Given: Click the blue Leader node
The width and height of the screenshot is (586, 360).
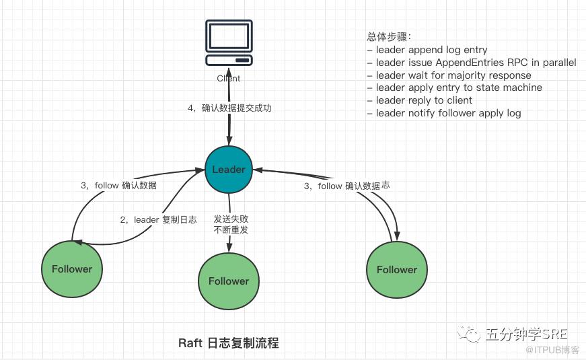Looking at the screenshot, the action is coord(229,170).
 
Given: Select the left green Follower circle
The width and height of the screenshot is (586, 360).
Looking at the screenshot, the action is coord(72,269).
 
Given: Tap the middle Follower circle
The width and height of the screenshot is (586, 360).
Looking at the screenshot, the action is coord(228,281).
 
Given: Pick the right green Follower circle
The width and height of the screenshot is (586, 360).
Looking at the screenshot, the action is coord(396,270).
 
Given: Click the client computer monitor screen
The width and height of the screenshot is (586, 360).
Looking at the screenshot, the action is coord(229,36).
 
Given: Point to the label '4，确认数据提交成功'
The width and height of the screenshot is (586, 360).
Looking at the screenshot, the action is coord(229,108).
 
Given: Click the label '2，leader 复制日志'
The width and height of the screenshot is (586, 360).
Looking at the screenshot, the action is coord(159,220).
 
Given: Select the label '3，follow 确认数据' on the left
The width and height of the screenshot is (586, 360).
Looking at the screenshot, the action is coord(119,186).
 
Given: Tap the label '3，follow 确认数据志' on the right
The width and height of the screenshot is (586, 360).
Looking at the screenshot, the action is coord(346,186).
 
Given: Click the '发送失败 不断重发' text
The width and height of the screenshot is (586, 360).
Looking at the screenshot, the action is coord(231,224).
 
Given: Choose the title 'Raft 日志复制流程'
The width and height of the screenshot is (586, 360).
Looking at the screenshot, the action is coord(229,343).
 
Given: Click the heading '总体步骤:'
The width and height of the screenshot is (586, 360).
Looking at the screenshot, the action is coord(389,36).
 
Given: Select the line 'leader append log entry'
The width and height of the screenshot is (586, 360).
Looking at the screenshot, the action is coord(432,50).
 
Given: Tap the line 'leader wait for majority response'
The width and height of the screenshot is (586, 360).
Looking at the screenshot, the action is coord(453,75).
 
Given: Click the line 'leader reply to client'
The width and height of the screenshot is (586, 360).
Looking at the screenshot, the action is coord(424,100).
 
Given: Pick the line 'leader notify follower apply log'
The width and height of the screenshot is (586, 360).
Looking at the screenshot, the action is coord(449,113).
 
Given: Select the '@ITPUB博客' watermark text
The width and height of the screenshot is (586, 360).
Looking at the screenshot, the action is coord(552,350).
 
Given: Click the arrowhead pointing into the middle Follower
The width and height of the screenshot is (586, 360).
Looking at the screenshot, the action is coord(229,247).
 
